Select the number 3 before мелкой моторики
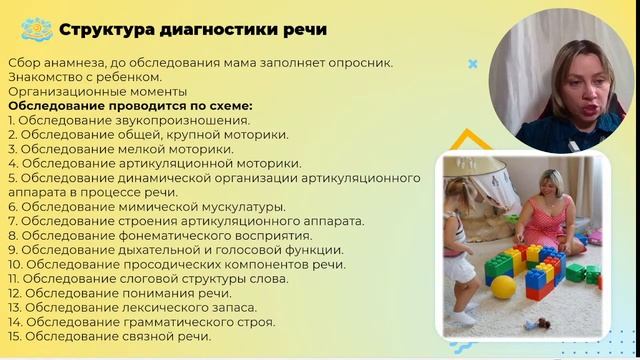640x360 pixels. pyautogui.click(x=11, y=149)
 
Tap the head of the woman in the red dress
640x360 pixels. pyautogui.click(x=555, y=186)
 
